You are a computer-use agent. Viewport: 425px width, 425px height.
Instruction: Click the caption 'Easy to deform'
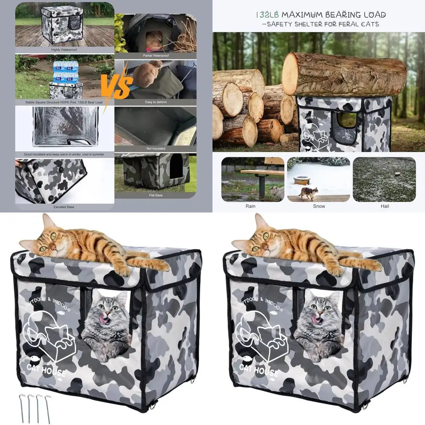(156, 102)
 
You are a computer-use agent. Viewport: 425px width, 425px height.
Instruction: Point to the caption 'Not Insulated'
(156, 148)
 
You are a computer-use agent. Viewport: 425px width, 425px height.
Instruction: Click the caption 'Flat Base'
(156, 195)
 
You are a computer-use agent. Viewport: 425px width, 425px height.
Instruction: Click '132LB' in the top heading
(269, 15)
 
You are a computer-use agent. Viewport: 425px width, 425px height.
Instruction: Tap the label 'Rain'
(251, 206)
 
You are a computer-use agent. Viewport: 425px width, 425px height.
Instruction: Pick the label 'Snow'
(319, 206)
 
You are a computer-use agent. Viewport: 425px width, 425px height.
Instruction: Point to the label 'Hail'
(385, 206)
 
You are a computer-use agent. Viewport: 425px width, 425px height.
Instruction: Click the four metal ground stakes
(36, 407)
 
